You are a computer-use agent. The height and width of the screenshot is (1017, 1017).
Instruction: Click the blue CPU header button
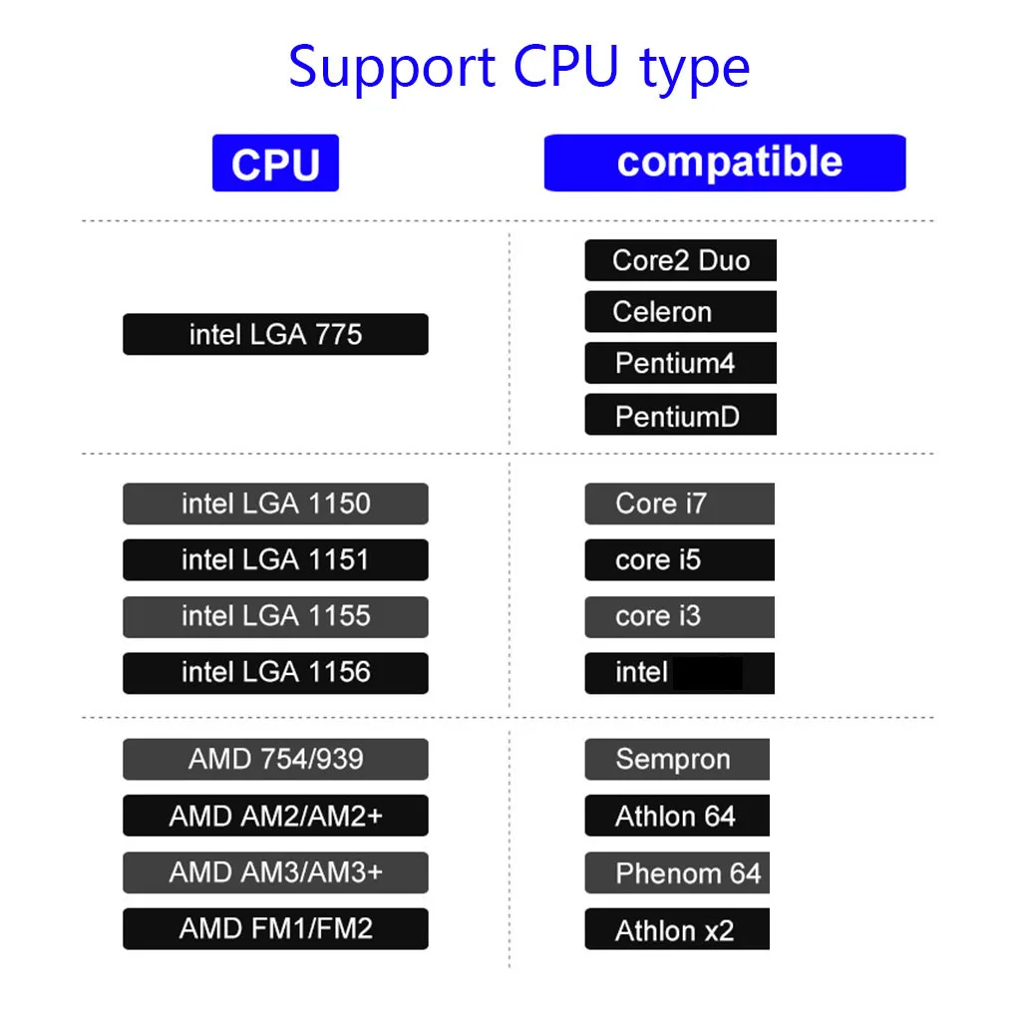[275, 163]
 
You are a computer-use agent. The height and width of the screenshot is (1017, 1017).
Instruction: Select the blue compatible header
[725, 163]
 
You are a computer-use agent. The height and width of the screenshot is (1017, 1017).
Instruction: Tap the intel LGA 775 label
[275, 334]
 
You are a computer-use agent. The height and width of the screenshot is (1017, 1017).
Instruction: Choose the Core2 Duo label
[680, 260]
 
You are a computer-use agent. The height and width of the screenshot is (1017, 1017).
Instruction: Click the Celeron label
[680, 311]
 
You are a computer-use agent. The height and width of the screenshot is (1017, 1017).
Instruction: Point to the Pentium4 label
[680, 363]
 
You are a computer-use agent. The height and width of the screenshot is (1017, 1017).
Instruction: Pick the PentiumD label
[680, 415]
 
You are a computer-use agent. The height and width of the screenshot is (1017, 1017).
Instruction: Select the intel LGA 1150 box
[275, 504]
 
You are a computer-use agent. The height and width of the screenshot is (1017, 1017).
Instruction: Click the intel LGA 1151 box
[275, 559]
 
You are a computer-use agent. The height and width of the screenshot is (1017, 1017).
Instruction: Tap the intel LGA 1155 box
[275, 617]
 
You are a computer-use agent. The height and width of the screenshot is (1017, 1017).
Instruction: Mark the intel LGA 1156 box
[275, 673]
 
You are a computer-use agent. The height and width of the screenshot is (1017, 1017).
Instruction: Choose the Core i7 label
[679, 504]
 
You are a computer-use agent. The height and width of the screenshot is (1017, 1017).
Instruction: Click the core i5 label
[679, 559]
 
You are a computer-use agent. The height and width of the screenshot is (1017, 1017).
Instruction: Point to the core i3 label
[679, 617]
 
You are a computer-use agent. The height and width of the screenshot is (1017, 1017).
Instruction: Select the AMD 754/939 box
[275, 759]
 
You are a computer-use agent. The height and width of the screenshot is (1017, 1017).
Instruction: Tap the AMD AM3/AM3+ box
[275, 872]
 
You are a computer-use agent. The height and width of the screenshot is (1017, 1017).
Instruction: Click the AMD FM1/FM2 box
[275, 929]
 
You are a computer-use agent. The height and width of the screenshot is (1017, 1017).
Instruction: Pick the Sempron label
[676, 759]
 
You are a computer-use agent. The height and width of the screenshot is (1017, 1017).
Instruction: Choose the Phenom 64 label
[676, 872]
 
